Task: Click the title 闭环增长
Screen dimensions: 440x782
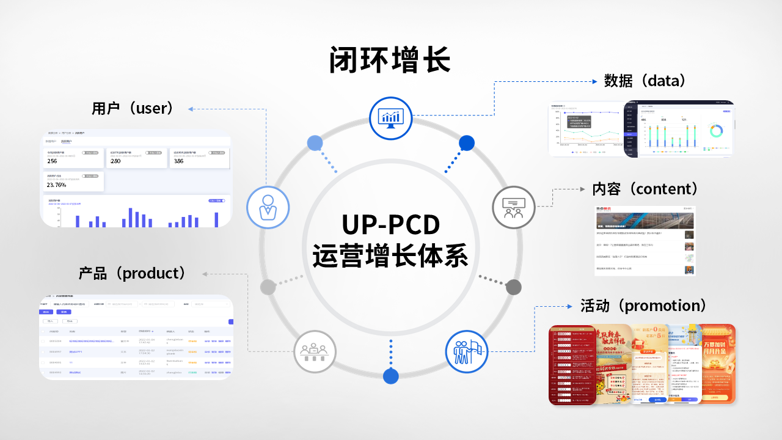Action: point(390,60)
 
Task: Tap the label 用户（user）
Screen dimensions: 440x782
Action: point(133,108)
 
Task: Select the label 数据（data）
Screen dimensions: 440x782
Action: point(645,80)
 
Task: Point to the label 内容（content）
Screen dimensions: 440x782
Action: point(645,188)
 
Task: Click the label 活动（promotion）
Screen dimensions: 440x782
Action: point(643,305)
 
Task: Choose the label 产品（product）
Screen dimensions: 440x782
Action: point(133,273)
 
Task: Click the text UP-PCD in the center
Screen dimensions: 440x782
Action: point(390,224)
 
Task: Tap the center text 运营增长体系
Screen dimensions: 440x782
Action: point(390,255)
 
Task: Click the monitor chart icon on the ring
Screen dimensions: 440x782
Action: point(390,118)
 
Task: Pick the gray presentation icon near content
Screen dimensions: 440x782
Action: point(513,207)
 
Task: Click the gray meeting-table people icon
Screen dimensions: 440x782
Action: point(314,351)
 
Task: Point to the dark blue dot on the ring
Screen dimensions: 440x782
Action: point(467,143)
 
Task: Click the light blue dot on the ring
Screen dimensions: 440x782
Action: point(315,143)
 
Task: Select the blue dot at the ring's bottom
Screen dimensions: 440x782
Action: point(390,376)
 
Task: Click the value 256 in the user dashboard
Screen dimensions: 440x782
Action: point(53,161)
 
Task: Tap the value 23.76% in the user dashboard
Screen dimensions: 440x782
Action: point(57,185)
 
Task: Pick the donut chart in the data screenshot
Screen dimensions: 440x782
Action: point(715,131)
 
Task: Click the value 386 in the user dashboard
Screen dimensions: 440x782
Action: point(178,161)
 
